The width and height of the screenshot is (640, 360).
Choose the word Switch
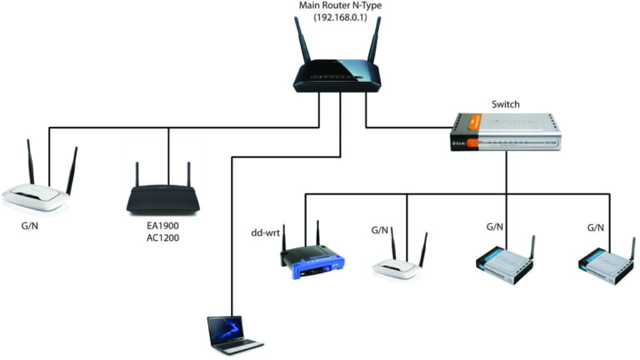[506, 104]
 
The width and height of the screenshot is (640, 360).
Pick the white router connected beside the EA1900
[37, 197]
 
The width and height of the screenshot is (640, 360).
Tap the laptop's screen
[226, 329]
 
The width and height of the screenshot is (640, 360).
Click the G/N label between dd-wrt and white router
[380, 230]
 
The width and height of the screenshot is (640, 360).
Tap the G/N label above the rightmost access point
[596, 227]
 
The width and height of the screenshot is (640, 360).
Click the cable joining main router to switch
[408, 127]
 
